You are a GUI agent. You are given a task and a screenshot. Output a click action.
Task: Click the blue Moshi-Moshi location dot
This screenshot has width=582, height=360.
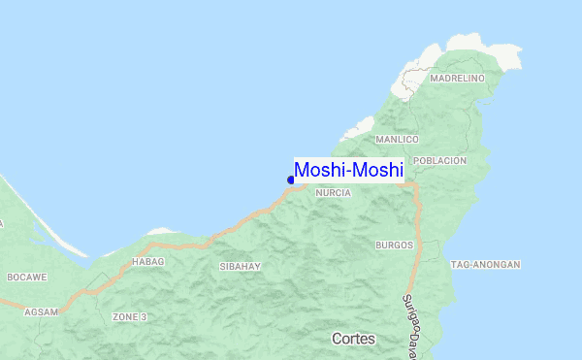291,180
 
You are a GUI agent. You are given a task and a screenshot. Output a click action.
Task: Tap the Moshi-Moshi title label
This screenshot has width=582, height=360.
348,170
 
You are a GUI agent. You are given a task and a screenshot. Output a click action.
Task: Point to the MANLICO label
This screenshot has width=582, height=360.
397,140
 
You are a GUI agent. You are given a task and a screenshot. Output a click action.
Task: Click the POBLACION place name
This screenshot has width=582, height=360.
439,160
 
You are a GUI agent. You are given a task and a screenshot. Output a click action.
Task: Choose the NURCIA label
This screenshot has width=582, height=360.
333,193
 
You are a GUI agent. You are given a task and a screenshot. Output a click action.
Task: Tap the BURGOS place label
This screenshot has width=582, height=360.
395,245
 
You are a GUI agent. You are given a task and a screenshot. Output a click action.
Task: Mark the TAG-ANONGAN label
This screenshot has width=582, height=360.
486,265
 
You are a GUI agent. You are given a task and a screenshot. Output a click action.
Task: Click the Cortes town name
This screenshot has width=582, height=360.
353,340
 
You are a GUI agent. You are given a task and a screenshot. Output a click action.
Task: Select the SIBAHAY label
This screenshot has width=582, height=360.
239,266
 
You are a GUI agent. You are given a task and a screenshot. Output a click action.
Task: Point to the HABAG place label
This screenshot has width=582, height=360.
148,262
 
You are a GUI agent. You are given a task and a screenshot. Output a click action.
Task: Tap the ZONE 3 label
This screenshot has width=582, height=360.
129,317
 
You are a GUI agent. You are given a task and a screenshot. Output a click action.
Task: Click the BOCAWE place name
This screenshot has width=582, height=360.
27,278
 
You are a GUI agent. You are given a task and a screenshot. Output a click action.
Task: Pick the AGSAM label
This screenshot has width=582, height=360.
42,311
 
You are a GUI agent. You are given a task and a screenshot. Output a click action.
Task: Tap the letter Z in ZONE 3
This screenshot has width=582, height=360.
115,317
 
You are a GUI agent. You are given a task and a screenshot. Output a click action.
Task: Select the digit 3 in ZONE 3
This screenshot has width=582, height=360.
144,317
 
